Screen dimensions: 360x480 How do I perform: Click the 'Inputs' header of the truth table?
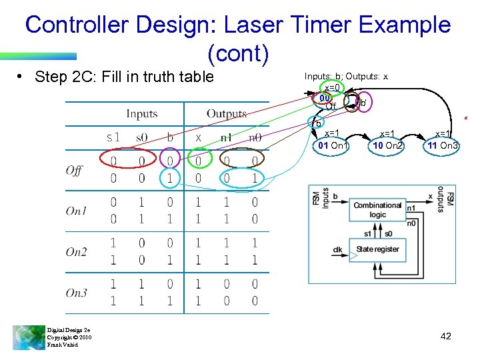coord(141,114)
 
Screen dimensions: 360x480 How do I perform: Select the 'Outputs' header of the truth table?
coord(226,114)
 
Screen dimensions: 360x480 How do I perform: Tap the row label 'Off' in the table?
coord(74,170)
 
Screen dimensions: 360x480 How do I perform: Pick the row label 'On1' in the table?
coord(76,211)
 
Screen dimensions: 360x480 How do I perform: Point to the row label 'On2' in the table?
coord(76,251)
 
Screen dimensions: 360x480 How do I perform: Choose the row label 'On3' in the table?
coord(76,293)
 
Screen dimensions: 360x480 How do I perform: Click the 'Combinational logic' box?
coord(377,209)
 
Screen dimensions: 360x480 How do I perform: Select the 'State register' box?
coord(377,249)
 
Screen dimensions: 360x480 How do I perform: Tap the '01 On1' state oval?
coord(332,145)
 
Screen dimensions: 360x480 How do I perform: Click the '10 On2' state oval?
coord(387,145)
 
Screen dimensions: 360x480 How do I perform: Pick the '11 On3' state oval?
coord(443,145)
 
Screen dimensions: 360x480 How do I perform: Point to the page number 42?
coord(446,336)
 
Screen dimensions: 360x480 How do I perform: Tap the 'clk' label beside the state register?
coord(339,250)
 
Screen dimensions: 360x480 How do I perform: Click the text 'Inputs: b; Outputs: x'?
coord(346,77)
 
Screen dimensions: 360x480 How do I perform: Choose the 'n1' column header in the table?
coord(227,138)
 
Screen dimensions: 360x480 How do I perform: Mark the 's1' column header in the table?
coord(113,138)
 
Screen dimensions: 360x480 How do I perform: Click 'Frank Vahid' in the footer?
coord(62,345)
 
